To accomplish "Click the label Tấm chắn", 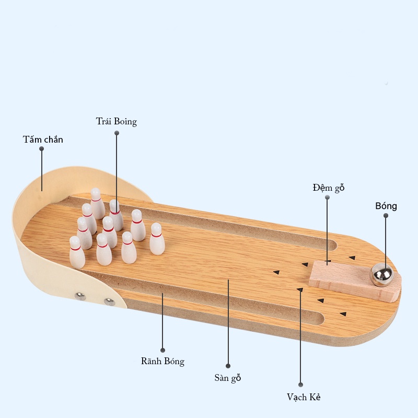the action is point(43,140).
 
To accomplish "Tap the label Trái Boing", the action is point(117,122).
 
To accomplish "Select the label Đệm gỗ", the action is point(329,188).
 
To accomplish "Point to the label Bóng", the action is point(386,206).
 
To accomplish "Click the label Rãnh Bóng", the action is point(162,361).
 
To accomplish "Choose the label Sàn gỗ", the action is point(228,378).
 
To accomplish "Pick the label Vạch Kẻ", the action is point(304,397).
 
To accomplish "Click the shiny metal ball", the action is point(382,275).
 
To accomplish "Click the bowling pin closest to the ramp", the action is point(157,239).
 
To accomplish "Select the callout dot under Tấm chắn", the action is point(42,149).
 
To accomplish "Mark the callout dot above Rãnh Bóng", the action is point(162,350).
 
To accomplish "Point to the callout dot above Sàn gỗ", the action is point(228,366).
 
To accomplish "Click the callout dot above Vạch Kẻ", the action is point(301,385).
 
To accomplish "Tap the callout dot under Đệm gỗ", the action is point(328,198).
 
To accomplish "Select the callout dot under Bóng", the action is point(386,216).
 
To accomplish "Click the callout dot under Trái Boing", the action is point(117,133).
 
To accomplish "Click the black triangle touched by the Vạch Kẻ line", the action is point(300,289).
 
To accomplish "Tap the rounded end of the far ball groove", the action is point(334,245).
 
